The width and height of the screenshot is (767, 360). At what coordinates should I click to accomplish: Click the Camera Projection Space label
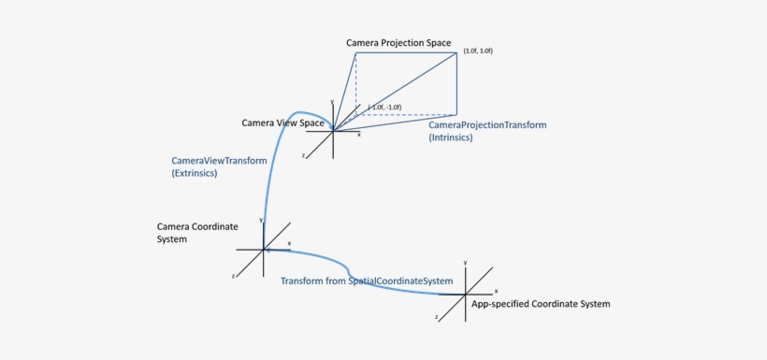398,43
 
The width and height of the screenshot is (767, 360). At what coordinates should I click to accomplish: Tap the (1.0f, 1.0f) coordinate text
477,50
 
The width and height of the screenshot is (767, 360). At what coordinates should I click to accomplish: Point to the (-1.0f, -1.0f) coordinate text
385,108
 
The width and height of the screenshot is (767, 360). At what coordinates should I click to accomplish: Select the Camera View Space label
283,123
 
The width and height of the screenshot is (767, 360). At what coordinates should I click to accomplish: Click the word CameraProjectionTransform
487,124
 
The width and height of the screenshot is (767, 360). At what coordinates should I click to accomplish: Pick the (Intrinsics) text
451,137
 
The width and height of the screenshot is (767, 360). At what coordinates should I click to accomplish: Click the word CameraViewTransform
219,161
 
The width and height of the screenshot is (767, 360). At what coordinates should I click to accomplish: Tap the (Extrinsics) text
195,174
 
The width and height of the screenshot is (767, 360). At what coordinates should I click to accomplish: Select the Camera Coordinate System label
197,233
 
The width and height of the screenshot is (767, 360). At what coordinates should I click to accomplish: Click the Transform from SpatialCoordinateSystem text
367,281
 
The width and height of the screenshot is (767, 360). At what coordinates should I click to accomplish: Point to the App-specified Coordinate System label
541,304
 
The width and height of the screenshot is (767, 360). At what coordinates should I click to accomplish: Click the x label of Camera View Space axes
359,135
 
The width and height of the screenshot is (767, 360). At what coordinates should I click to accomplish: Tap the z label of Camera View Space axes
304,155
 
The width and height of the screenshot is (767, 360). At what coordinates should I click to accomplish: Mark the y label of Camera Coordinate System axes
262,220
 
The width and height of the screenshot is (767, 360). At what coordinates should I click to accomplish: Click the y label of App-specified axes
465,264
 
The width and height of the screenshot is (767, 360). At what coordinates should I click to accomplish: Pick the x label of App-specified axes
496,291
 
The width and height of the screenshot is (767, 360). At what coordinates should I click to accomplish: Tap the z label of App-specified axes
436,318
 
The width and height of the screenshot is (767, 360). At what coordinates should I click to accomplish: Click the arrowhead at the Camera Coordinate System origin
268,250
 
